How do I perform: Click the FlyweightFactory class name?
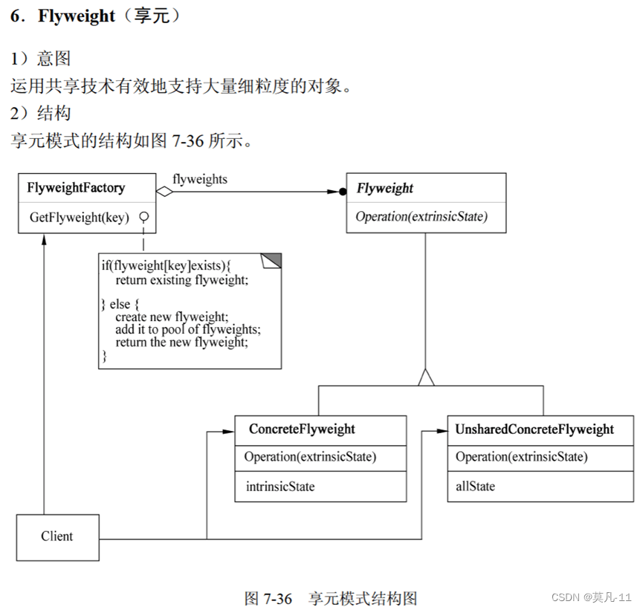[76, 188]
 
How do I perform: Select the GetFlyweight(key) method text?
[79, 217]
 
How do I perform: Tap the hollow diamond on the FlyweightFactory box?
[164, 191]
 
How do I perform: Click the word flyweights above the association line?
[200, 179]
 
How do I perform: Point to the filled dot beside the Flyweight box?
[343, 191]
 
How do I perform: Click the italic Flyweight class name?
[384, 188]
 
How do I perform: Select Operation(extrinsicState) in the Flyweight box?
[421, 217]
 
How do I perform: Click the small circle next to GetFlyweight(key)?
[144, 217]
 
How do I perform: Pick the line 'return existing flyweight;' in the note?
[181, 280]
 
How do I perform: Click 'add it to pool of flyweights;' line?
[188, 329]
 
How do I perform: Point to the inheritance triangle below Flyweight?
[425, 377]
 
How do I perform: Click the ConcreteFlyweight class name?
[302, 429]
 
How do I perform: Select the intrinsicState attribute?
[280, 487]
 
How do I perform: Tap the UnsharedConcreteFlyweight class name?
[534, 429]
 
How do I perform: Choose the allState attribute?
[475, 487]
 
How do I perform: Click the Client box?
[57, 536]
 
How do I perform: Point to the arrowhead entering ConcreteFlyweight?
[230, 431]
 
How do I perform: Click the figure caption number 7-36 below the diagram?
[279, 598]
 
